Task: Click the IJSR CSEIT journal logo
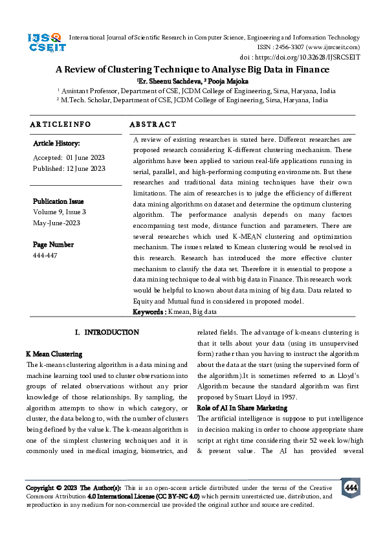[43, 43]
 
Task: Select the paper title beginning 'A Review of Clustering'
[192, 69]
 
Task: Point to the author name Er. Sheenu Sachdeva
[169, 81]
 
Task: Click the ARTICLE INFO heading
[61, 124]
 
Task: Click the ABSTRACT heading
[153, 124]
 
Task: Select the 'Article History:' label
[56, 143]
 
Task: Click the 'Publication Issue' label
[58, 201]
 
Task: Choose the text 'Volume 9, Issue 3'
[60, 212]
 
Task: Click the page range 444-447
[45, 256]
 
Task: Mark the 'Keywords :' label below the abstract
[149, 312]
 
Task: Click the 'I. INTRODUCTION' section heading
[107, 332]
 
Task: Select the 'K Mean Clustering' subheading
[54, 354]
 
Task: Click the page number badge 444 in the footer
[351, 487]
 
